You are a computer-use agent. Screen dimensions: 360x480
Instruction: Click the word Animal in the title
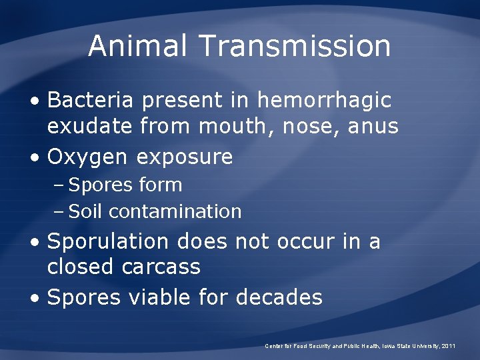(139, 46)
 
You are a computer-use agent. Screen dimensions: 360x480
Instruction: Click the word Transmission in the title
(294, 46)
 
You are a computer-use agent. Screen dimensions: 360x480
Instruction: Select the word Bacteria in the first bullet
(90, 101)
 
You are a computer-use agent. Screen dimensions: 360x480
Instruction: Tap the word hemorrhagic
(324, 101)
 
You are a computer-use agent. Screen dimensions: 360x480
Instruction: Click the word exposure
(185, 158)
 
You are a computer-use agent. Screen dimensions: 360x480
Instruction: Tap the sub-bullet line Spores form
(125, 185)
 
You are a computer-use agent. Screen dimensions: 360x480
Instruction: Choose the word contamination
(175, 212)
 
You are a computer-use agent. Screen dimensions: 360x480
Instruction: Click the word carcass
(161, 267)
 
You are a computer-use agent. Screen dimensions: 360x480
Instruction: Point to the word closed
(81, 267)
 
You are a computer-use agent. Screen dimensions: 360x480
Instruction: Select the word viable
(160, 297)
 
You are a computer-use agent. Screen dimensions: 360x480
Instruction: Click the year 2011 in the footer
(447, 346)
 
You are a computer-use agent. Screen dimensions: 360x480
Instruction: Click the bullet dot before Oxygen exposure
(35, 158)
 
